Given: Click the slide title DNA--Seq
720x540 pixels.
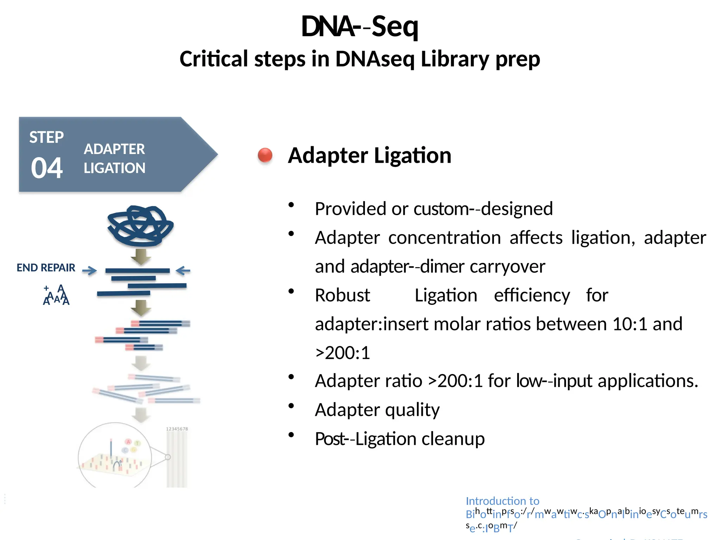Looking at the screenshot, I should point(360,26).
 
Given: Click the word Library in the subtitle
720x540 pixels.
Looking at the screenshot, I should point(455,59).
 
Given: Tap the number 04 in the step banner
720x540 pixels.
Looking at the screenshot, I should point(47,168).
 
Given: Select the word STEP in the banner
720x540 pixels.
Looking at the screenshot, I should point(46,137).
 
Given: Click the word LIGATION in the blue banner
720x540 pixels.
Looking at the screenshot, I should point(114,168).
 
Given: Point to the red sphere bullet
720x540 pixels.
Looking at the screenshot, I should point(265,155).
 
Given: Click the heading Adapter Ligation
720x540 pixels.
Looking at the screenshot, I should point(369,155).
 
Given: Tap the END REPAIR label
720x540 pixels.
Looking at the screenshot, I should point(46,268).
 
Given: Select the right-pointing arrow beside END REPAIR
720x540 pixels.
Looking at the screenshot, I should point(89,270).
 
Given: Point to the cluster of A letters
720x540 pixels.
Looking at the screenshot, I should point(56,296).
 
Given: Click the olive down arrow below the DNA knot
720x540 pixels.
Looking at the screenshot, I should point(141,256).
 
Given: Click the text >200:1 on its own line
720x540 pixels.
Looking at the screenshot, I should point(342,353).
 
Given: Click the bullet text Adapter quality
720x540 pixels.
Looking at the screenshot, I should point(377,410).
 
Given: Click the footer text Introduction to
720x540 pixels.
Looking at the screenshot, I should point(502,501).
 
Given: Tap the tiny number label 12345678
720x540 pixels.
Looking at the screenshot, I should point(177,429).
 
